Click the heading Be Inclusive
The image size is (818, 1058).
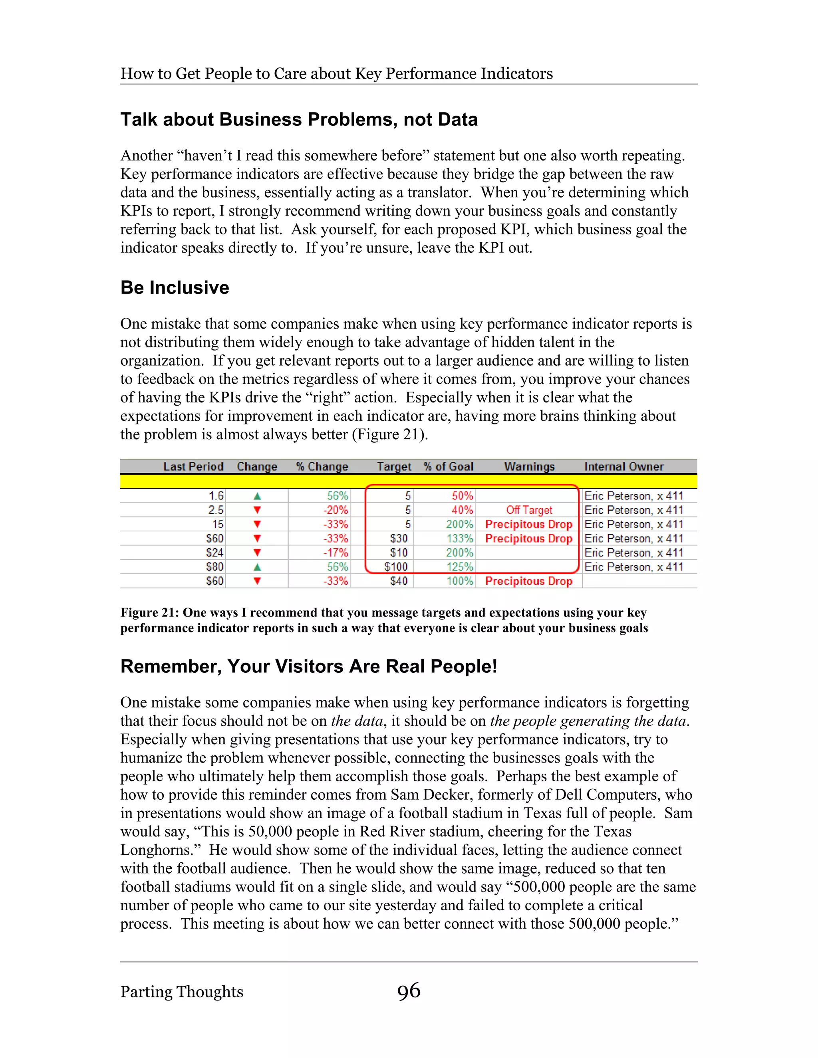click(175, 287)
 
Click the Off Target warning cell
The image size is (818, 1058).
click(529, 510)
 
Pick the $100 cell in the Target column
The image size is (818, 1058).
click(396, 567)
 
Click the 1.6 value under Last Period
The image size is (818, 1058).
click(216, 496)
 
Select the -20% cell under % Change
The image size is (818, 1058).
click(336, 510)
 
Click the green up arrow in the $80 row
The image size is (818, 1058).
click(257, 567)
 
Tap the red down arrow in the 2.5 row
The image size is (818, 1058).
click(257, 510)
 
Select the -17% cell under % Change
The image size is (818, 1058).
click(336, 553)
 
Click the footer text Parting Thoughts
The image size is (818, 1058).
click(182, 992)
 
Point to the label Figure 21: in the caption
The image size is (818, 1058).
click(150, 612)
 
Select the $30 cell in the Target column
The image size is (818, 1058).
click(399, 539)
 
